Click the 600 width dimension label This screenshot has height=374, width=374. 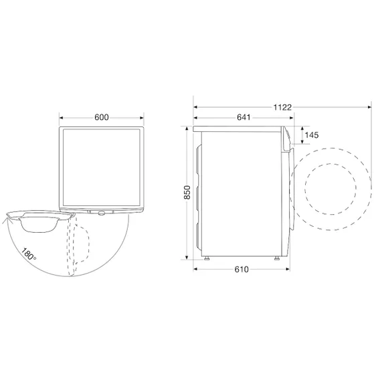point(102,118)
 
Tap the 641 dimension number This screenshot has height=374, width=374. point(244,118)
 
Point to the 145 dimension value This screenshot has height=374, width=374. point(312,136)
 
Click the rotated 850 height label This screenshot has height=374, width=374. point(188,192)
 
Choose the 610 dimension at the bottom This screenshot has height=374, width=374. point(242,270)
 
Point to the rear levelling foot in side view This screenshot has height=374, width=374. point(207,259)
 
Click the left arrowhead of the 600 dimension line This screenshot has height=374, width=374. point(62,118)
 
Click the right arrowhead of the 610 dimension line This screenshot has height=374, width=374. point(288,270)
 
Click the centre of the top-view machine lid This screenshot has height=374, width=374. point(102,164)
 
